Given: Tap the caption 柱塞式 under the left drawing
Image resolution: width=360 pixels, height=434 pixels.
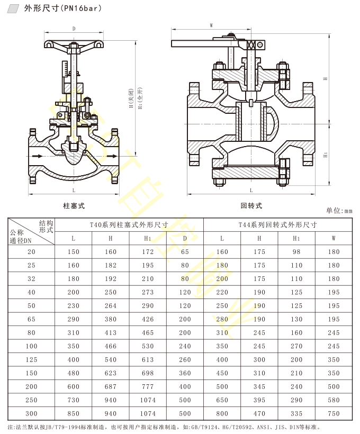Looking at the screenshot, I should point(74,205).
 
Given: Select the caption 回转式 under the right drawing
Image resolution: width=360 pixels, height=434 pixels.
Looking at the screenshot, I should point(251,205).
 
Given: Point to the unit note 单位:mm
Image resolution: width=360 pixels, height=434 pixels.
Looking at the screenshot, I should point(339,210).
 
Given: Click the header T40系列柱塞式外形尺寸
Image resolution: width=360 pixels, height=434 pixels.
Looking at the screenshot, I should point(129,224).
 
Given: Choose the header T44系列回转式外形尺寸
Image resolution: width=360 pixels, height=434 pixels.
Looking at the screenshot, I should point(277,224).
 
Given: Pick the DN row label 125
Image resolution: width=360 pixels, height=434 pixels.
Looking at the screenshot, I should point(31,360).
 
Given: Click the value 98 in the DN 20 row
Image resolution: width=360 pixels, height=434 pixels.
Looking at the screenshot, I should point(296,252).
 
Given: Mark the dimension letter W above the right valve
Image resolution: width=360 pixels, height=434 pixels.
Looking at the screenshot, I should point(211,25).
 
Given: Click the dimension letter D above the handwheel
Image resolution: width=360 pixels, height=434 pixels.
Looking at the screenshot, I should point(74,29).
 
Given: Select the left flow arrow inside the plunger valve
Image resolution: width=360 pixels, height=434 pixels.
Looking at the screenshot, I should point(37,156).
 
